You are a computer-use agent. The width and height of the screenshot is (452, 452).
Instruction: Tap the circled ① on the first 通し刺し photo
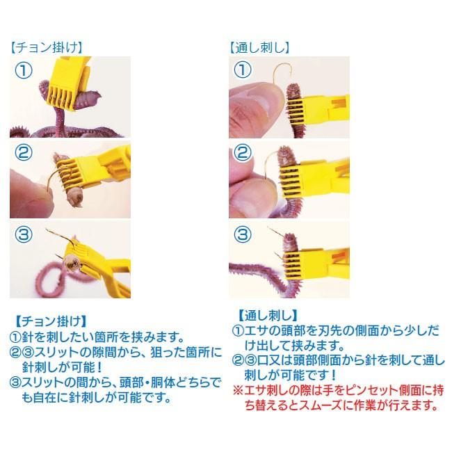coord(243,71)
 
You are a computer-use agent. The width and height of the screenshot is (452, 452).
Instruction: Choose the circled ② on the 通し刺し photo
coord(243,152)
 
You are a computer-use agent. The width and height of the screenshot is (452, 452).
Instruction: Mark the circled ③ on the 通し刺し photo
coord(243,234)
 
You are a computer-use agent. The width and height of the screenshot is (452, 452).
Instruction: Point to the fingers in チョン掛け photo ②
coord(28,188)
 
